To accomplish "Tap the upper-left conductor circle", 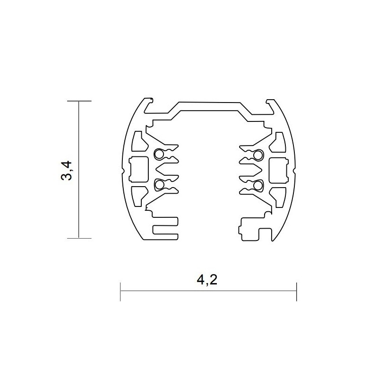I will pos(159,154).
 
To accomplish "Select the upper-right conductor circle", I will pos(258,154).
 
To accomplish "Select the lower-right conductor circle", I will pos(258,184).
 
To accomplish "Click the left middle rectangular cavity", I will pos(138,169).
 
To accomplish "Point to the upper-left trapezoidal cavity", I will pos(138,141).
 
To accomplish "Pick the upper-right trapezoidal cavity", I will pos(278,141).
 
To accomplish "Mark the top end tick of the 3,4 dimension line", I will pos(78,102).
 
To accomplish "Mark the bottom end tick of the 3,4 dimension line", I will pos(78,237).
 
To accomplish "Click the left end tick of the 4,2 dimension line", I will pos(121,292).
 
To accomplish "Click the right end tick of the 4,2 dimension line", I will pos(296,292).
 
